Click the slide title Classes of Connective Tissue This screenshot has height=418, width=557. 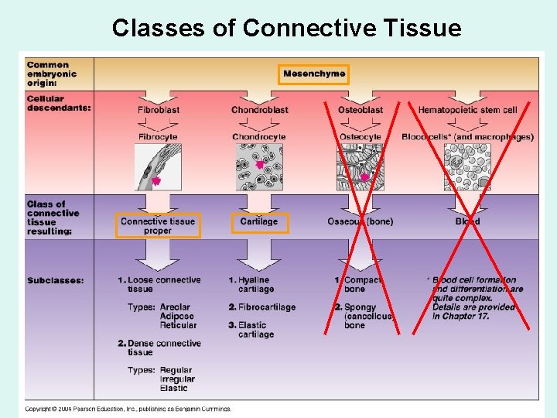pos(286,28)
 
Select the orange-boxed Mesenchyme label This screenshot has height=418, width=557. pos(314,74)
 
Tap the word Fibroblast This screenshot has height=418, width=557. pos(158,110)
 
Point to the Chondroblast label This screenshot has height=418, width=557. pos(259,110)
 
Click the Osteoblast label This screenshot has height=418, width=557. pos(360,110)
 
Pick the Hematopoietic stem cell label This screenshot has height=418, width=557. pos(467,110)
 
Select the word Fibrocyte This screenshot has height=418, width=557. pos(158,137)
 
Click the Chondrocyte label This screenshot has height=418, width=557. pos(259,137)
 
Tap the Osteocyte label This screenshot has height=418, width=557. pos(360,137)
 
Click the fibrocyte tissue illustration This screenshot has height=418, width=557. pos(158,167)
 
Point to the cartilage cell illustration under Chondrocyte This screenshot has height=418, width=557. pos(259,167)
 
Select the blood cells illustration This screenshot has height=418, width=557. pos(467,167)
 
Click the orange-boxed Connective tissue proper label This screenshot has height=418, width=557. pos(158,226)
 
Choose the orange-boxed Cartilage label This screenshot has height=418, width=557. pos(259,222)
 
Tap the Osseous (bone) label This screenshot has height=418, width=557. pos(360,222)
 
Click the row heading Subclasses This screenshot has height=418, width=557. pos(55,280)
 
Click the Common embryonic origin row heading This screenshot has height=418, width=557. pos(49,74)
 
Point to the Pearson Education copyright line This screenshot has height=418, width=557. pos(128,409)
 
